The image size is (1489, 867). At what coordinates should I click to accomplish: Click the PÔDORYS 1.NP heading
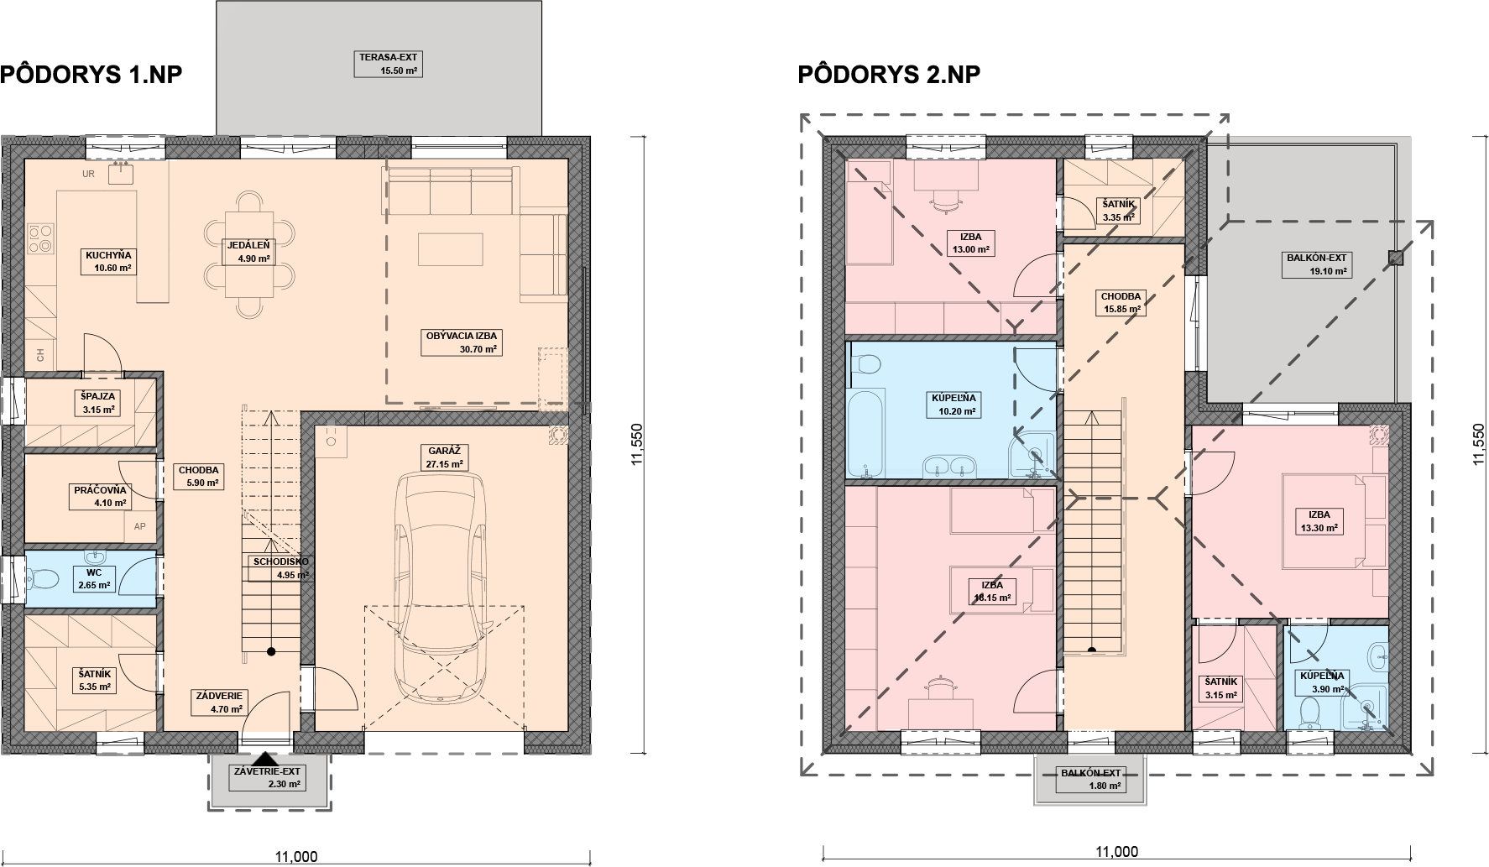(x=91, y=75)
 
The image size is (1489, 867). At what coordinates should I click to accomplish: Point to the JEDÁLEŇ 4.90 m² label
(x=248, y=252)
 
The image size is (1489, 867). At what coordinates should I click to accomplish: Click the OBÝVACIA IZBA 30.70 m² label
(x=462, y=342)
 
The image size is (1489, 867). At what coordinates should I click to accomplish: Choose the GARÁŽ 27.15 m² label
(x=445, y=457)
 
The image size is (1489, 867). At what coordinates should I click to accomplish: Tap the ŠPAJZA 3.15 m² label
(x=98, y=403)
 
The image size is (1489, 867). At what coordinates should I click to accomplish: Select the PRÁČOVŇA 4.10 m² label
(x=99, y=496)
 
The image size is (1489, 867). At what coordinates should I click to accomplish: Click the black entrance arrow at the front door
(x=265, y=759)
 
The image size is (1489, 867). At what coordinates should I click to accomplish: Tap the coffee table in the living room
(x=451, y=248)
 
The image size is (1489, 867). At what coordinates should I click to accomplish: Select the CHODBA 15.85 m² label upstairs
(x=1121, y=302)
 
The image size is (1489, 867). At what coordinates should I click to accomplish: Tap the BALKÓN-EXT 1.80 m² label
(x=1090, y=779)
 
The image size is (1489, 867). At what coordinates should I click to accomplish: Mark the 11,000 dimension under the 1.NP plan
(x=296, y=856)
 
